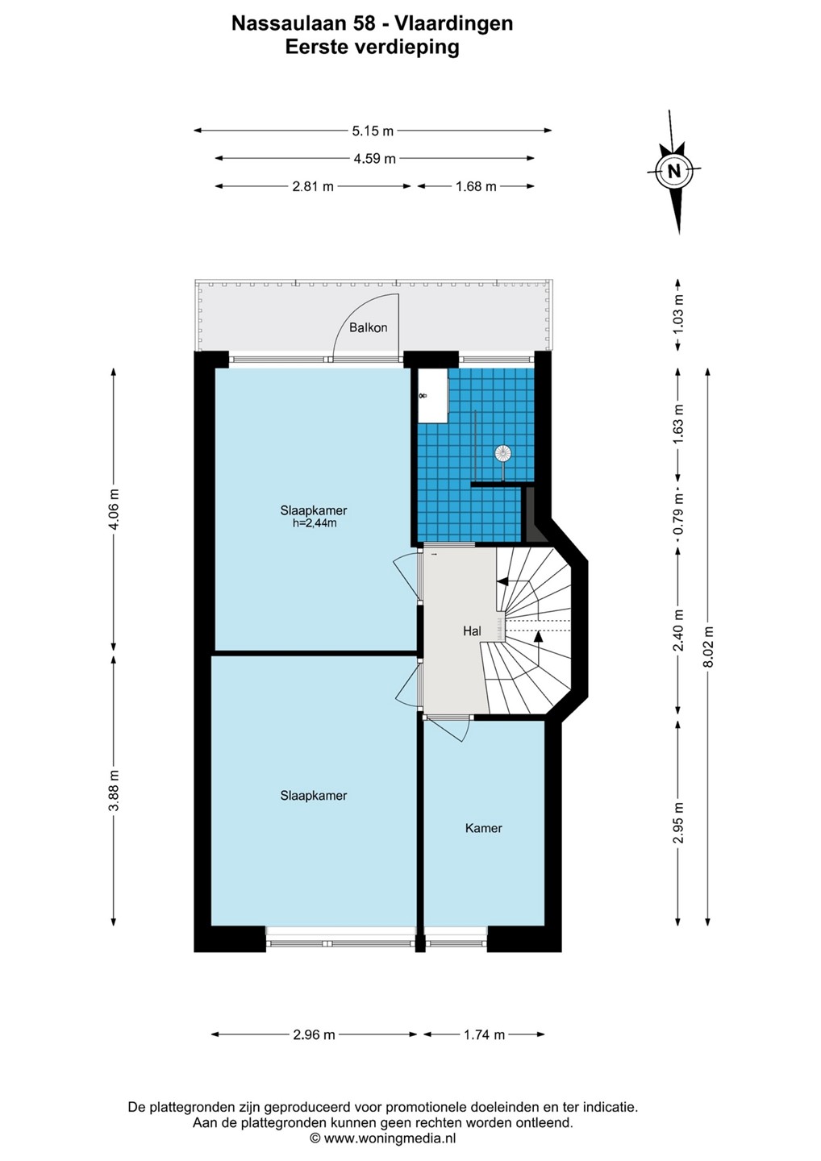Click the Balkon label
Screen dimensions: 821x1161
pos(368,327)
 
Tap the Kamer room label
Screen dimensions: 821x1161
pos(484,828)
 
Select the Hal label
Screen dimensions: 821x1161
pos(472,630)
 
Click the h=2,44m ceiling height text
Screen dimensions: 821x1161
pos(314,523)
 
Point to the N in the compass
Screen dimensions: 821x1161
pos(673,171)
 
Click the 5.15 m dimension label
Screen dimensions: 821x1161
pos(373,131)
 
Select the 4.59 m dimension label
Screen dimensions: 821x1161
pos(374,159)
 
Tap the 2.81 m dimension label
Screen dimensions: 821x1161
pos(313,186)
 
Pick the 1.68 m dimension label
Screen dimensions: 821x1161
pos(476,186)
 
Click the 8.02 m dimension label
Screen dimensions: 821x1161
pos(709,647)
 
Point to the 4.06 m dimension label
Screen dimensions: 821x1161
pos(114,509)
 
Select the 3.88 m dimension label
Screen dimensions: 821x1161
pos(114,790)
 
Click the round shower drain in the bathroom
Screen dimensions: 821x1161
pos(502,453)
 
